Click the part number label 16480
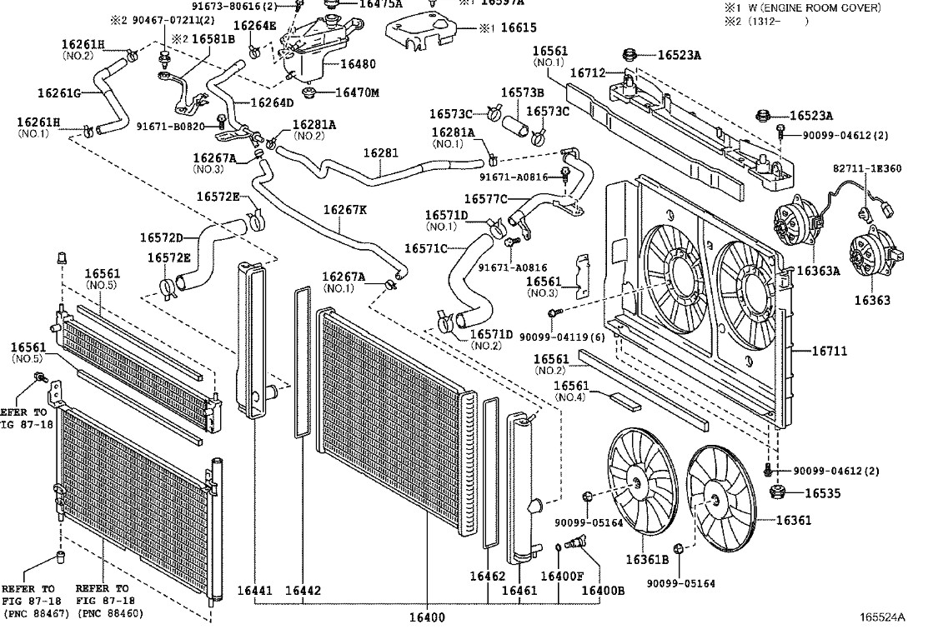pos(358,63)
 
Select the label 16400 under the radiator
pos(427,617)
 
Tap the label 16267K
pos(344,210)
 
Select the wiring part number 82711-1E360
pos(867,168)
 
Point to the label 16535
pos(822,492)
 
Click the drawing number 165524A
pos(882,617)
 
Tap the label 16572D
pos(161,238)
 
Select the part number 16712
pos(587,73)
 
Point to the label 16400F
pos(561,576)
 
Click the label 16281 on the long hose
pos(380,153)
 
